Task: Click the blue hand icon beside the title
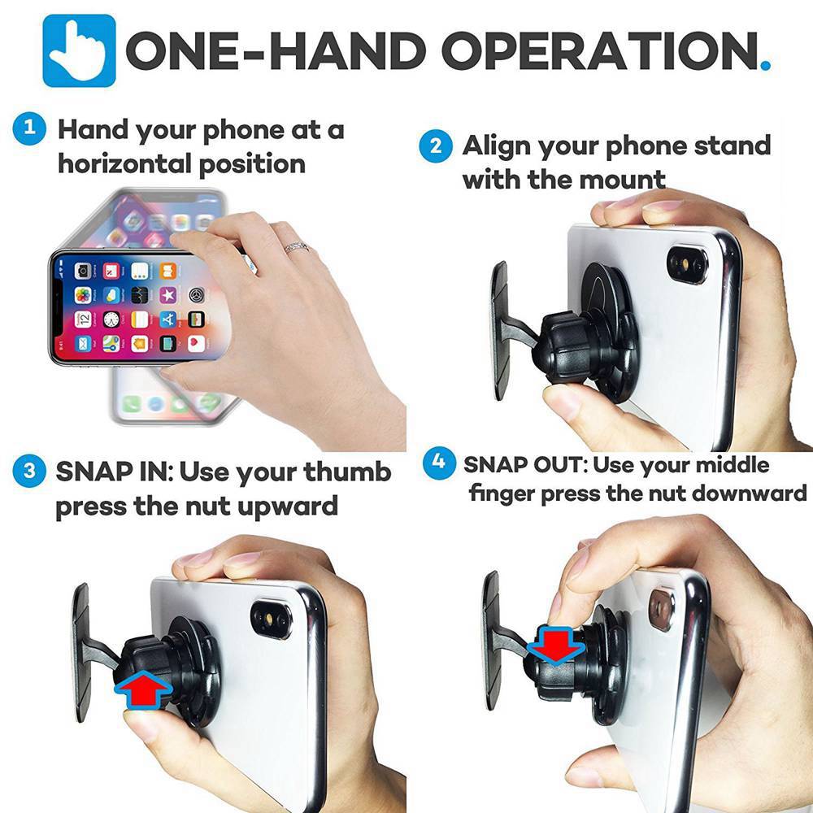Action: pos(79,50)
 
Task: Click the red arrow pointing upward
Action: pos(143,690)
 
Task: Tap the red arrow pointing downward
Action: pos(555,645)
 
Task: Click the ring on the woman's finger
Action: pos(296,246)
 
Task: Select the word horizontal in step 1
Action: pos(121,163)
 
